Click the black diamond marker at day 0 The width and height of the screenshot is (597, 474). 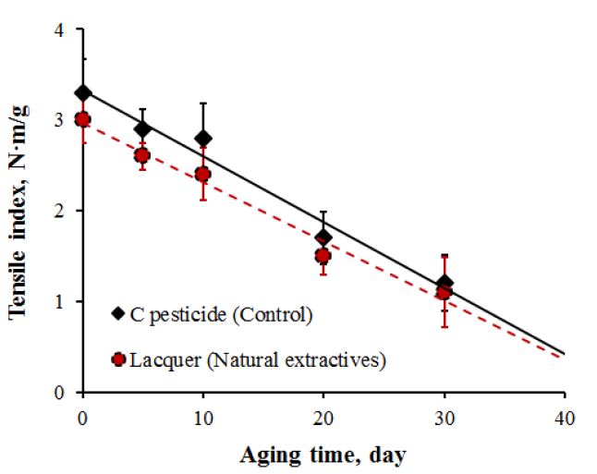coord(83,92)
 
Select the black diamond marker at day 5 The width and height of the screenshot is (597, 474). coord(142,128)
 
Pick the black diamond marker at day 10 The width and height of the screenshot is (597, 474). coord(202,138)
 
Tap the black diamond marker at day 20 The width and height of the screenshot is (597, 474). coord(323,237)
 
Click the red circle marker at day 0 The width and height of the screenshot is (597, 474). coord(83,119)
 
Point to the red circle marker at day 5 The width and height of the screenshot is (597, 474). coord(142,155)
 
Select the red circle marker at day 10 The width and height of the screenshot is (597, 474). coord(202,174)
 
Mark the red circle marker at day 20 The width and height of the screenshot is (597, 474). coord(323,256)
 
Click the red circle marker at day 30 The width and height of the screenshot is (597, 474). coord(443,292)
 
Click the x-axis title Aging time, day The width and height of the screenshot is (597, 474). coord(323,455)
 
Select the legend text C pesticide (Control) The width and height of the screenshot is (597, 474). coord(221,315)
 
